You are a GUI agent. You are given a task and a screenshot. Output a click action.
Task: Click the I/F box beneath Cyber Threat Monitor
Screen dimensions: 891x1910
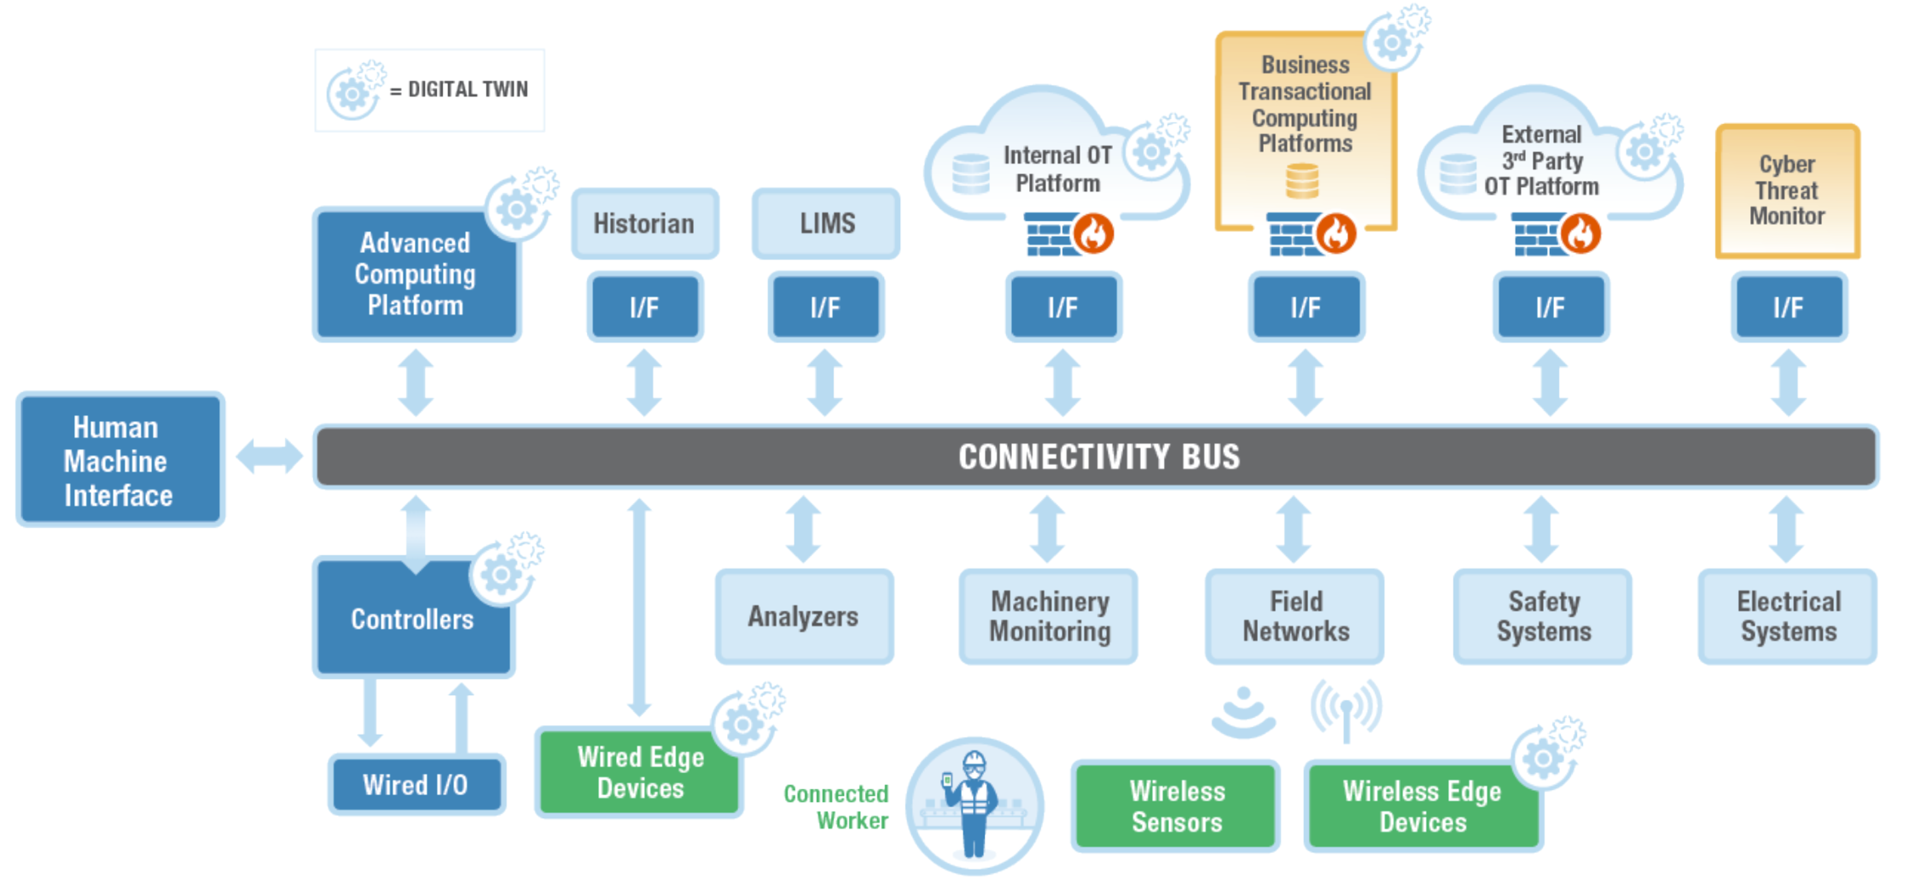point(1788,307)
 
